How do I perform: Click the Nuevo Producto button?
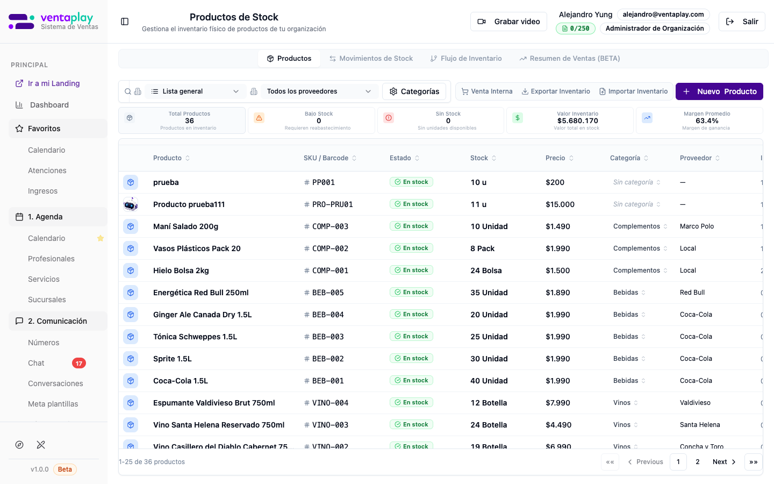pyautogui.click(x=719, y=91)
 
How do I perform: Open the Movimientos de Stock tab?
pyautogui.click(x=371, y=59)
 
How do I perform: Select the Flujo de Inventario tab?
pyautogui.click(x=466, y=59)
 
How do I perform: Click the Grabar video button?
pyautogui.click(x=508, y=22)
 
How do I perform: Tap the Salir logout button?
pyautogui.click(x=742, y=22)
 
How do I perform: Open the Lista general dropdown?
pyautogui.click(x=195, y=91)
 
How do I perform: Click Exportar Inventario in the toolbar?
pyautogui.click(x=556, y=91)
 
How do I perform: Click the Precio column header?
pyautogui.click(x=555, y=158)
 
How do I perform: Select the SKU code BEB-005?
pyautogui.click(x=328, y=293)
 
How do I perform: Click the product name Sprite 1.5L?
pyautogui.click(x=173, y=359)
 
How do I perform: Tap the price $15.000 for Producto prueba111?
pyautogui.click(x=560, y=204)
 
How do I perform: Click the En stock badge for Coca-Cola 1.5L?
pyautogui.click(x=411, y=381)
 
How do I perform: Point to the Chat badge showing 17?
pyautogui.click(x=79, y=363)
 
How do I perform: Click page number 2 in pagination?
pyautogui.click(x=698, y=462)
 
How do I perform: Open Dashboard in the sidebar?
pyautogui.click(x=49, y=105)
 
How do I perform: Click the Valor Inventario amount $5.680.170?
pyautogui.click(x=578, y=121)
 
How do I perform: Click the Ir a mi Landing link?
pyautogui.click(x=54, y=83)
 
